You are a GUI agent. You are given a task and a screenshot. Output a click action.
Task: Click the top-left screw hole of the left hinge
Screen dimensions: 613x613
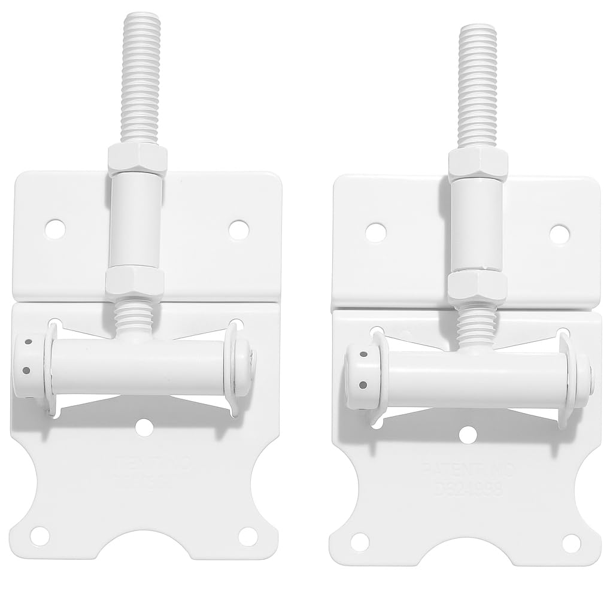coord(56,228)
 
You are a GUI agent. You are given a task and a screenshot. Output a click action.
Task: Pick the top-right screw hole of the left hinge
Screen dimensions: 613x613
coord(238,230)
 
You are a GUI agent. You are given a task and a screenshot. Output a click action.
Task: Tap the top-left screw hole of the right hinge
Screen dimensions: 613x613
coord(375,232)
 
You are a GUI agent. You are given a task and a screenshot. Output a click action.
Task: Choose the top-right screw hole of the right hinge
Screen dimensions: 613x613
coord(559,233)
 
